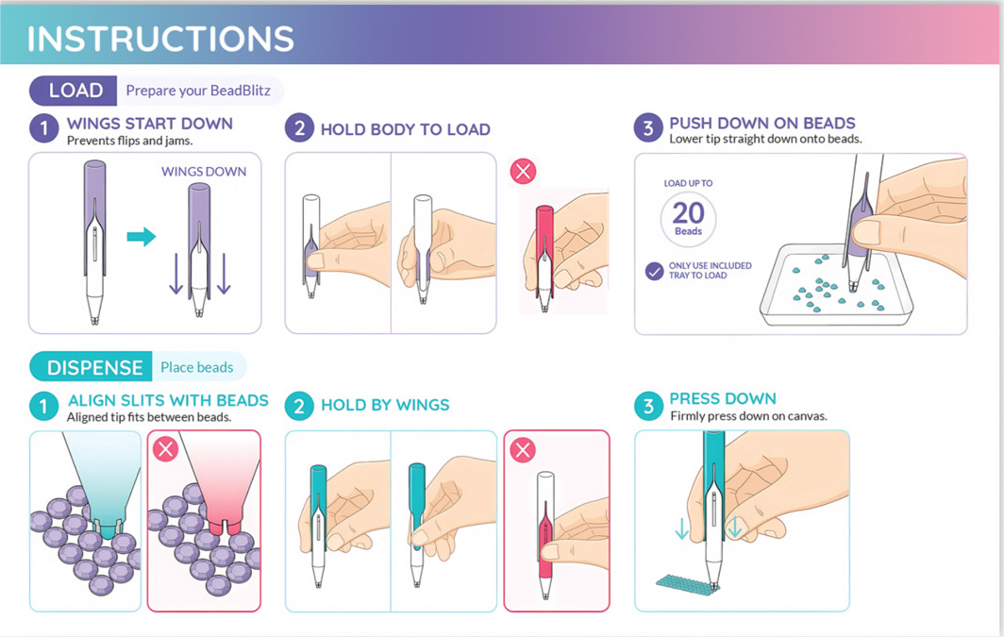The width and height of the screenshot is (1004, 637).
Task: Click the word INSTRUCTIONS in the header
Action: (x=160, y=39)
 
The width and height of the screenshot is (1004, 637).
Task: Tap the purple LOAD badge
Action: (x=74, y=91)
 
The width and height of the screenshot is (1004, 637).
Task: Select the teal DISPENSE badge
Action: (x=91, y=367)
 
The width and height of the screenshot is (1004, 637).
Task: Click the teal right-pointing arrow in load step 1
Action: (x=142, y=236)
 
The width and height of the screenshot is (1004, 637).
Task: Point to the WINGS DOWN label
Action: (x=204, y=172)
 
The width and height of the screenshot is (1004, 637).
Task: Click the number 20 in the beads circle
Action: (x=688, y=212)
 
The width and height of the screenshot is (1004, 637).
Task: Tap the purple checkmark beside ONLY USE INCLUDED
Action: (x=655, y=272)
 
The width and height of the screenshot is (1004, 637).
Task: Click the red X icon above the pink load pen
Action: (x=523, y=171)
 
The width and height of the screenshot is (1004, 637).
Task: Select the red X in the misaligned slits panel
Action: (x=165, y=449)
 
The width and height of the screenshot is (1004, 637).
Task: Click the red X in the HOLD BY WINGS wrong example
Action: (x=523, y=450)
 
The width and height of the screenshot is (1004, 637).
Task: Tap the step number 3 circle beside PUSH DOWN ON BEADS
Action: (x=648, y=127)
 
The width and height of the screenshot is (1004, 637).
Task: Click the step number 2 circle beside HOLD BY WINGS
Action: (x=299, y=406)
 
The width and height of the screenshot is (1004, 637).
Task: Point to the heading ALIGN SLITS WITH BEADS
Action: (x=168, y=401)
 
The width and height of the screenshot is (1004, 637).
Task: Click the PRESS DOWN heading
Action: (x=723, y=398)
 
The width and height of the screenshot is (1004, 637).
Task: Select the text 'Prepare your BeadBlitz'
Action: (x=198, y=91)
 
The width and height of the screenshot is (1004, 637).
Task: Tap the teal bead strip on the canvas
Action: (x=687, y=582)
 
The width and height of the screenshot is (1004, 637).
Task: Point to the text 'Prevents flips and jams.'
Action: (x=129, y=141)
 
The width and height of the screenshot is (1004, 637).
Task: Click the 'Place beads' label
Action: (x=196, y=367)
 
